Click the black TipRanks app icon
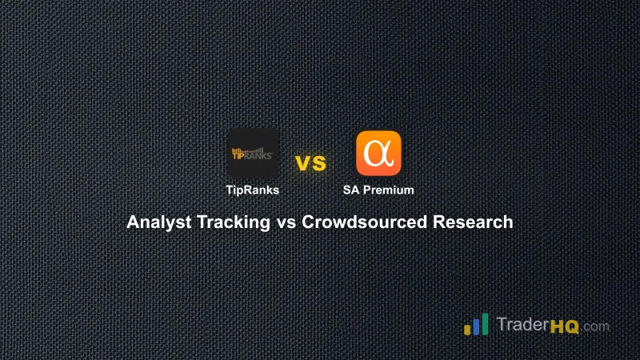pos(253,153)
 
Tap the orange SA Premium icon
pos(378,153)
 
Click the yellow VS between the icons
pos(311,163)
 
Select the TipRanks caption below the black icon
pos(253,190)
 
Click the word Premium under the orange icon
pos(392,190)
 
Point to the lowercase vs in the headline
pos(286,222)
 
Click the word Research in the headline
pos(474,222)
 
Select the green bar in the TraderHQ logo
pos(485,323)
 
